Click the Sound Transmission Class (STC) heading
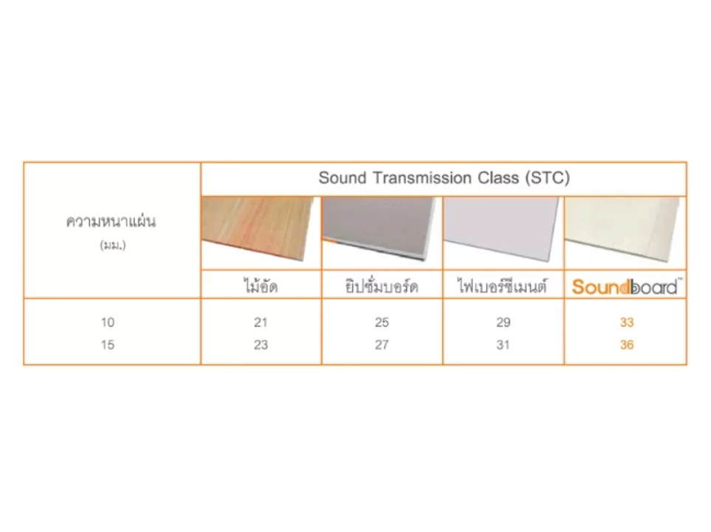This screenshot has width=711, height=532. pos(444,178)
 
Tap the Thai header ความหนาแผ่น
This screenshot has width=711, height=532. pos(111,221)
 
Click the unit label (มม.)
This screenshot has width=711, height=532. pos(112,245)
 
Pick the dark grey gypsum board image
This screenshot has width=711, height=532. pos(379,228)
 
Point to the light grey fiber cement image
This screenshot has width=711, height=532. pos(501,229)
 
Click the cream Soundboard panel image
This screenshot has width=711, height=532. pos(623,229)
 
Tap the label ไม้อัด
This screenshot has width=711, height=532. pos(260,286)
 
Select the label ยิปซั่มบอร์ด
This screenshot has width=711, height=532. pos(382,287)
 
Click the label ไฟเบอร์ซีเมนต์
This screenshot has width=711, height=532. pos(502,286)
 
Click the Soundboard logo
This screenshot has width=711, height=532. pos(625,287)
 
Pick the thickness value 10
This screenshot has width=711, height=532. pos(108,322)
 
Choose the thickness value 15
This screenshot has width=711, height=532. pos(108,345)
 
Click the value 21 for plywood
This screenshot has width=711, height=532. pos(261,322)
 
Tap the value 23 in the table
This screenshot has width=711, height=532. pos(261,345)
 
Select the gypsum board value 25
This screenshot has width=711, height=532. pos(382,322)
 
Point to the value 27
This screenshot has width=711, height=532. pos(382,345)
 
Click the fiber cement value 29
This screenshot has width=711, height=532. pos(504,322)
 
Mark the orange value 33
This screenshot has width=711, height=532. pos(627,322)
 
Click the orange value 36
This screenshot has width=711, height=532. pos(627,345)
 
